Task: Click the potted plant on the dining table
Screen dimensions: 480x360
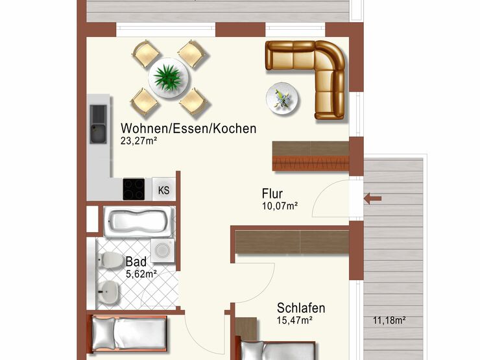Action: pos(168,77)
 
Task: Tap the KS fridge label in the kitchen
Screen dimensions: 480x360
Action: pos(163,190)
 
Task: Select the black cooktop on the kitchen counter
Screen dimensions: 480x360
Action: pos(134,189)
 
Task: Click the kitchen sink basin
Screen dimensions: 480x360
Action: pos(98,124)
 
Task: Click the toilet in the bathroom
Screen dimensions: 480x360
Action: pos(110,259)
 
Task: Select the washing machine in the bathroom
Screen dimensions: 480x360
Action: pos(163,250)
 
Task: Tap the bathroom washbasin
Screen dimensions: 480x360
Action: pos(108,291)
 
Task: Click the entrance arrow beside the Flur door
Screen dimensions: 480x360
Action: pos(372,198)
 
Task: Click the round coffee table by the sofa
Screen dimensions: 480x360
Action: pos(283,99)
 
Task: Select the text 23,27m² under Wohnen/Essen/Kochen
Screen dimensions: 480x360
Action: pos(139,141)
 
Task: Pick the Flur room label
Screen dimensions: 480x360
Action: pos(272,193)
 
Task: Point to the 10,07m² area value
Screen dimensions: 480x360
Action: pos(280,206)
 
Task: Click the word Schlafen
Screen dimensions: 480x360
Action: pos(301,307)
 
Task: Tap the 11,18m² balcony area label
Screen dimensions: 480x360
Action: pos(389,320)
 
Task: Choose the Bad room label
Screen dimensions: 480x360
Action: pos(136,262)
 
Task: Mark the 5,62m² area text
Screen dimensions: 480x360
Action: pos(141,274)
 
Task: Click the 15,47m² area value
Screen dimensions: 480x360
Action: pos(294,320)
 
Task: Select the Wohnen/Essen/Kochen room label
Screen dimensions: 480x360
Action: pos(189,128)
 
